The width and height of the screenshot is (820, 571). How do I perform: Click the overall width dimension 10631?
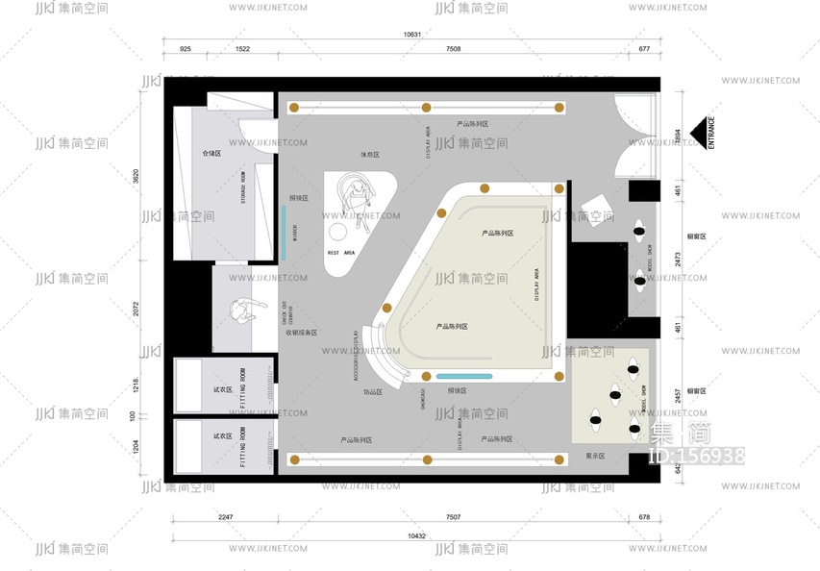click(x=412, y=34)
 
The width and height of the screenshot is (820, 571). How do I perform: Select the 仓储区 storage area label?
click(x=211, y=153)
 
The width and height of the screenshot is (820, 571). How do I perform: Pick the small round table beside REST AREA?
click(x=337, y=233)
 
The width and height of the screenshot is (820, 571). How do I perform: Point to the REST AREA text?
click(x=341, y=253)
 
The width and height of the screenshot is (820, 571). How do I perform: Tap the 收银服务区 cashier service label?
click(x=302, y=333)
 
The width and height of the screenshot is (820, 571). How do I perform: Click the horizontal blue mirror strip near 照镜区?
click(x=464, y=375)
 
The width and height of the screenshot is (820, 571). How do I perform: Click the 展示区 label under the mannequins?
click(x=595, y=456)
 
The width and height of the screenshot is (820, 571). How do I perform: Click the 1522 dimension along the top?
click(x=242, y=48)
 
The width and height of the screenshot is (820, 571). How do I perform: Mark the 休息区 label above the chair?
click(x=369, y=154)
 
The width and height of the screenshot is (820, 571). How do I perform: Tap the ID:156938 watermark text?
click(x=698, y=456)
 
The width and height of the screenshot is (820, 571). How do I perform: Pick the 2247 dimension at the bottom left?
click(x=225, y=517)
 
